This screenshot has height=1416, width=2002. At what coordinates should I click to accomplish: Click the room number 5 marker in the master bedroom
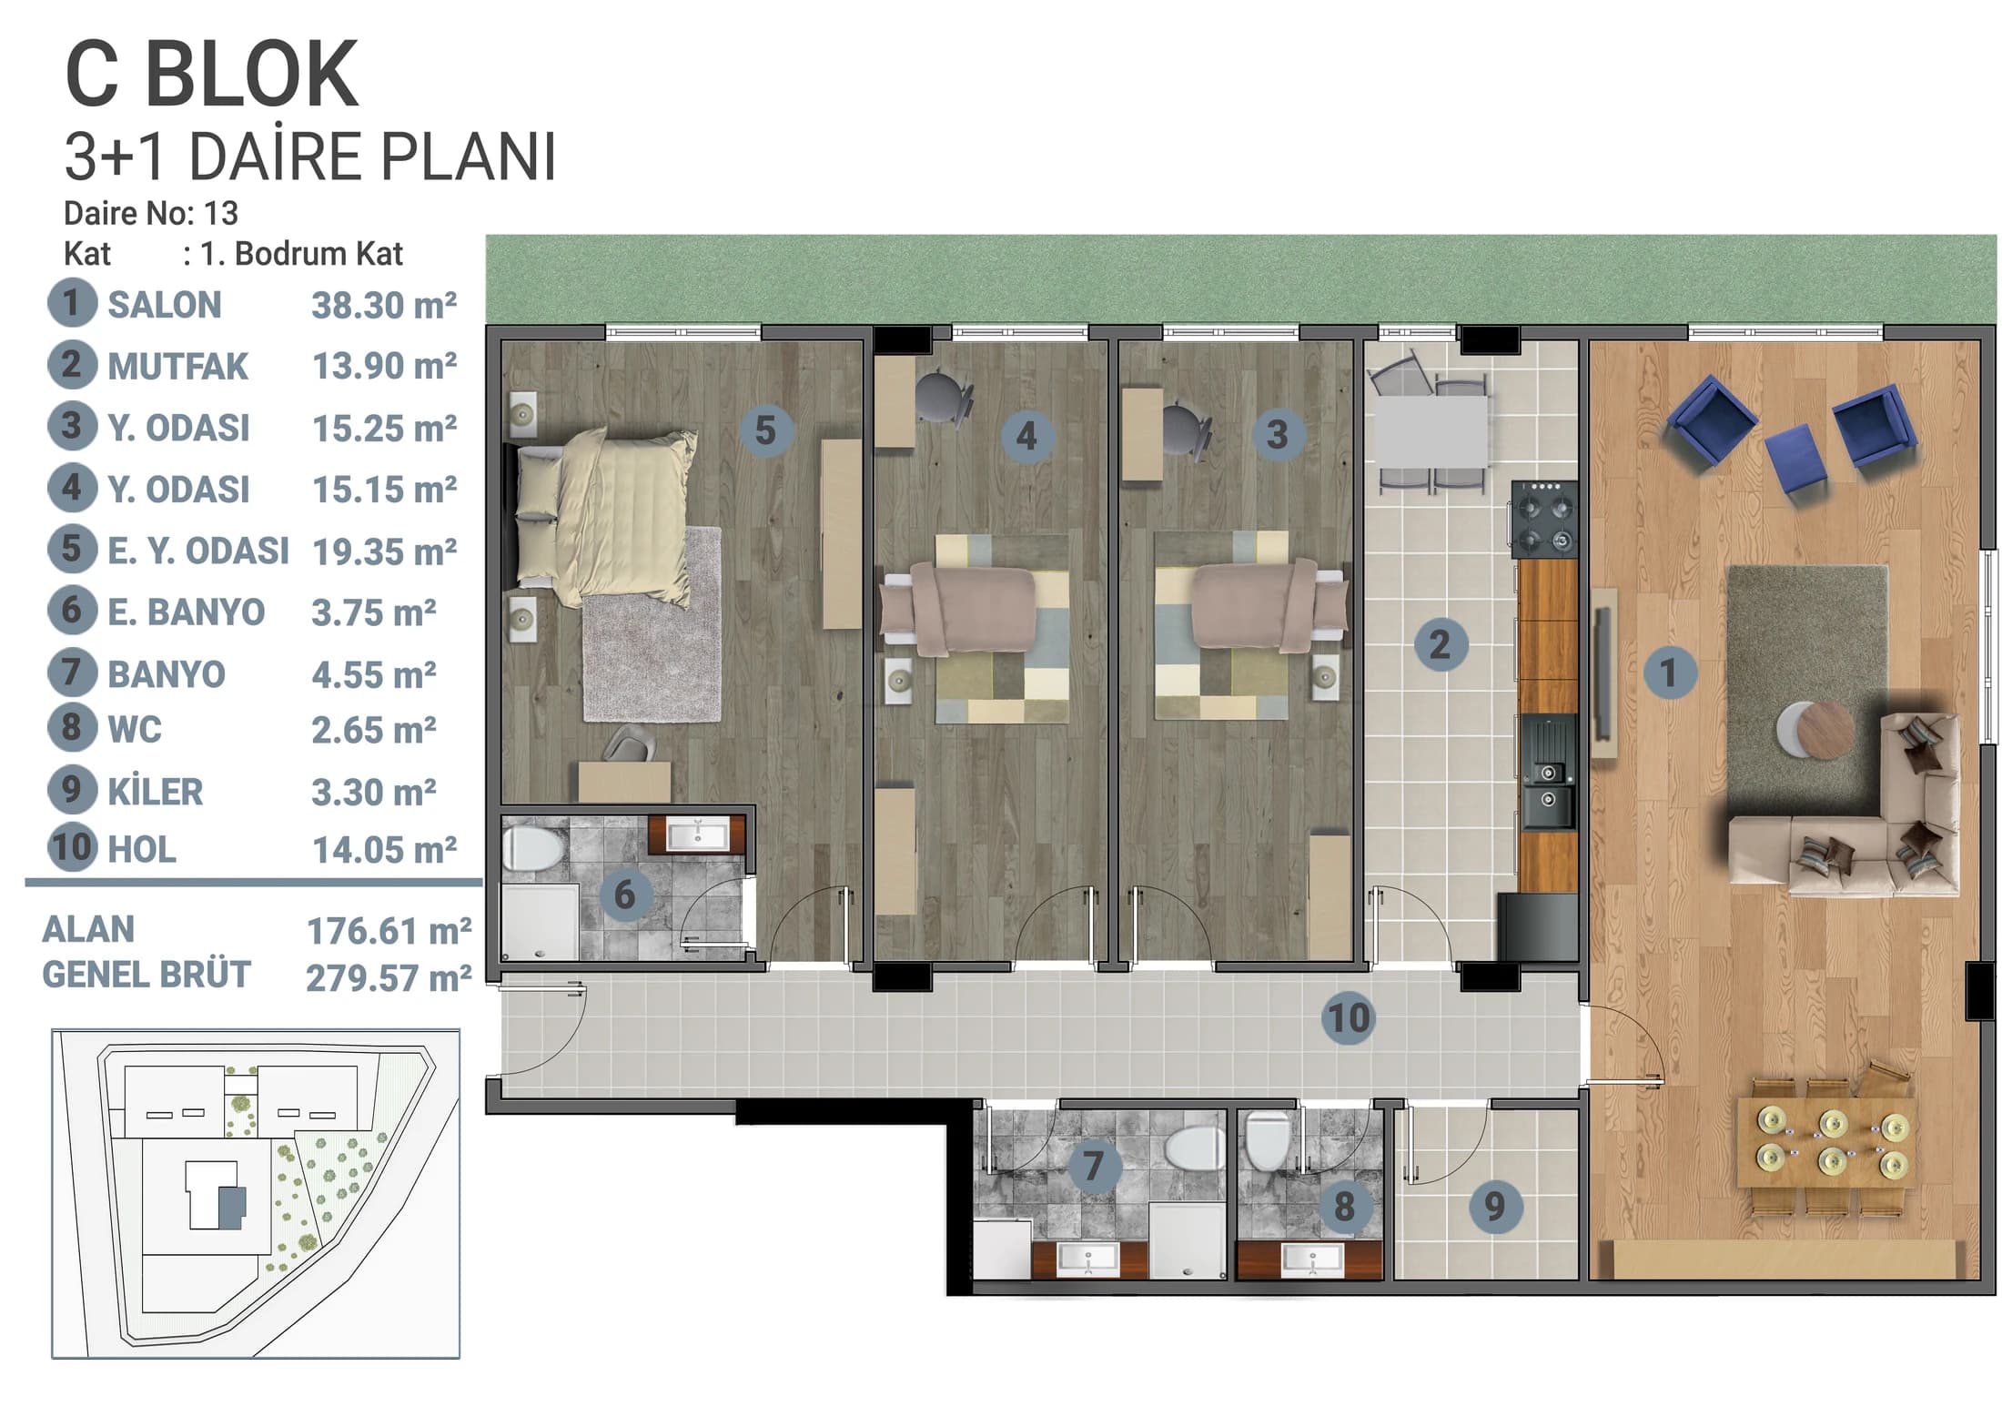coord(765,430)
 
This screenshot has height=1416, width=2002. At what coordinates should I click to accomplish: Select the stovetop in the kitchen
coord(1544,519)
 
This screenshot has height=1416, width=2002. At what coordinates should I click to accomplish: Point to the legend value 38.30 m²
coord(384,306)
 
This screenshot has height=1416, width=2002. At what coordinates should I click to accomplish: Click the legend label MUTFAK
coord(177,367)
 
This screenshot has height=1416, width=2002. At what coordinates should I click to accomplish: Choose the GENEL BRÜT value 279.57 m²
coord(389,978)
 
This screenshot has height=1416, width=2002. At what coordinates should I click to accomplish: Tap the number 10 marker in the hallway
coord(1349,1017)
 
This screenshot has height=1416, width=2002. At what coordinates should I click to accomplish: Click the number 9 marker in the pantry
coord(1495,1207)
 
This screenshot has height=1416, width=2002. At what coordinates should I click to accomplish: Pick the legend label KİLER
coord(155,792)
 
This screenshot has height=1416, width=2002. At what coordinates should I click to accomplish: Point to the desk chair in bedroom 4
coord(943,399)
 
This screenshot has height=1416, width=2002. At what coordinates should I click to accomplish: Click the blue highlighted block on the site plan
coord(232,1208)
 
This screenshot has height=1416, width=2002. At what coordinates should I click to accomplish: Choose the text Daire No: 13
coord(150,213)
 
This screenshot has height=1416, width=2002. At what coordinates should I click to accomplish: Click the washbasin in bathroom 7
coord(1088,1259)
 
